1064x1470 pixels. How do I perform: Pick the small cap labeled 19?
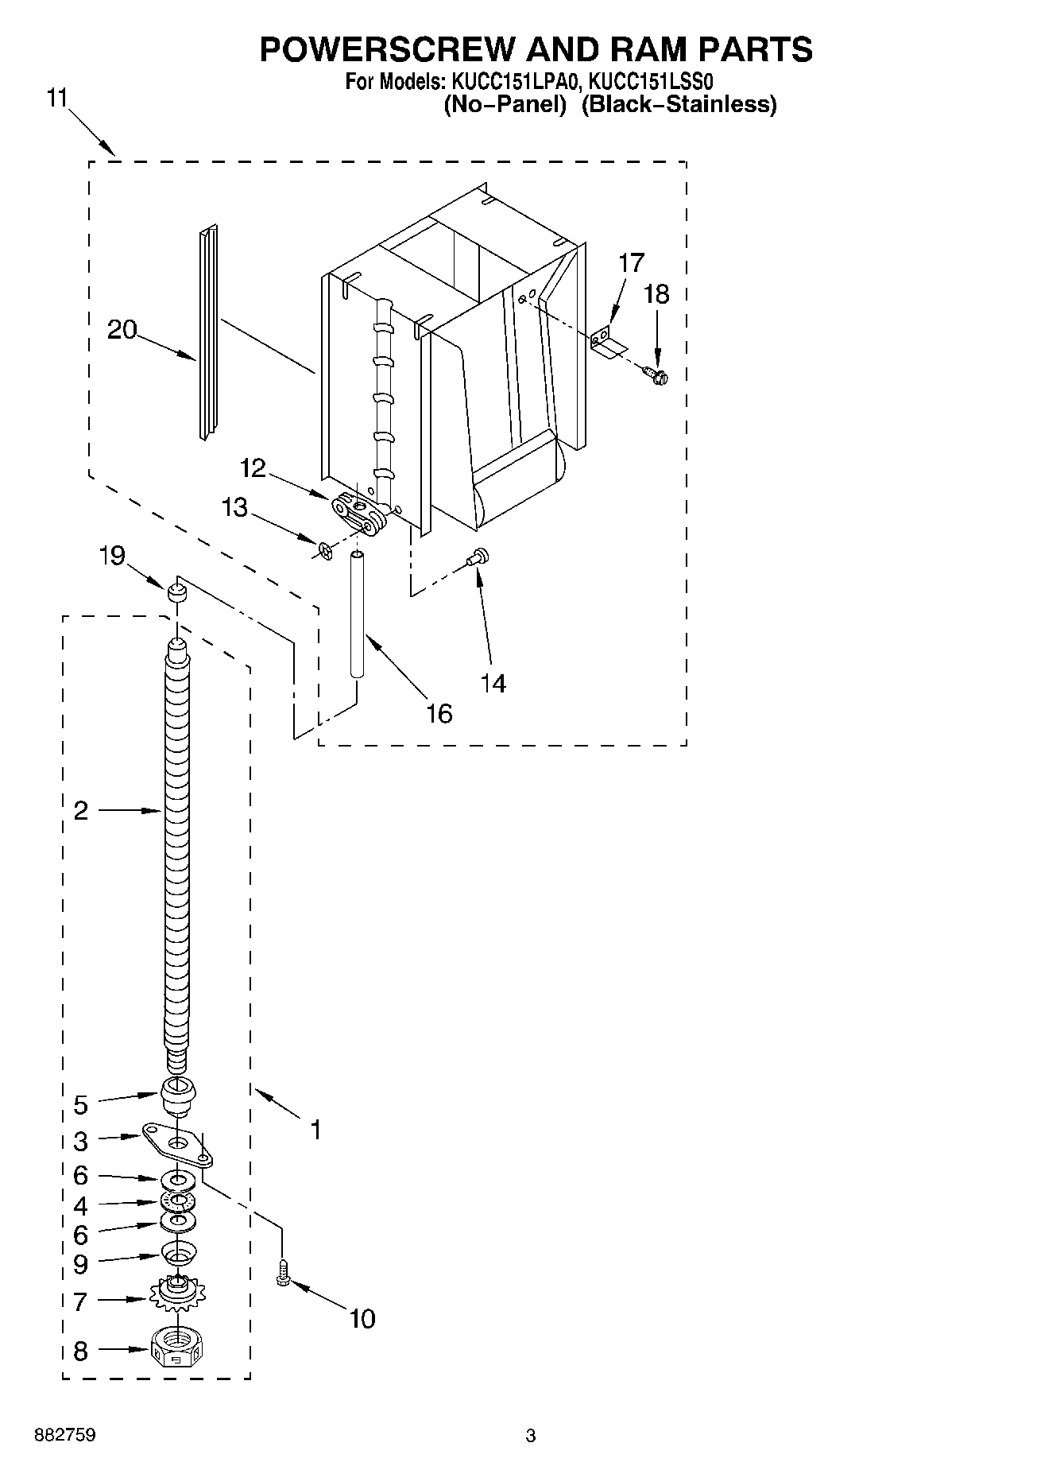(x=176, y=592)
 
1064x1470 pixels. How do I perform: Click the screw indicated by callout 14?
(x=479, y=558)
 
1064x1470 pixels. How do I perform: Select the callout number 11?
(x=57, y=98)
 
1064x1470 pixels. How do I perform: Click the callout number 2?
(x=80, y=811)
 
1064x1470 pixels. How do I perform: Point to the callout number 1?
(x=315, y=1129)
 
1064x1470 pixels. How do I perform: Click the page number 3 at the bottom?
(x=531, y=1436)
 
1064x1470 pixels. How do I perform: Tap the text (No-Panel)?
(x=504, y=104)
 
